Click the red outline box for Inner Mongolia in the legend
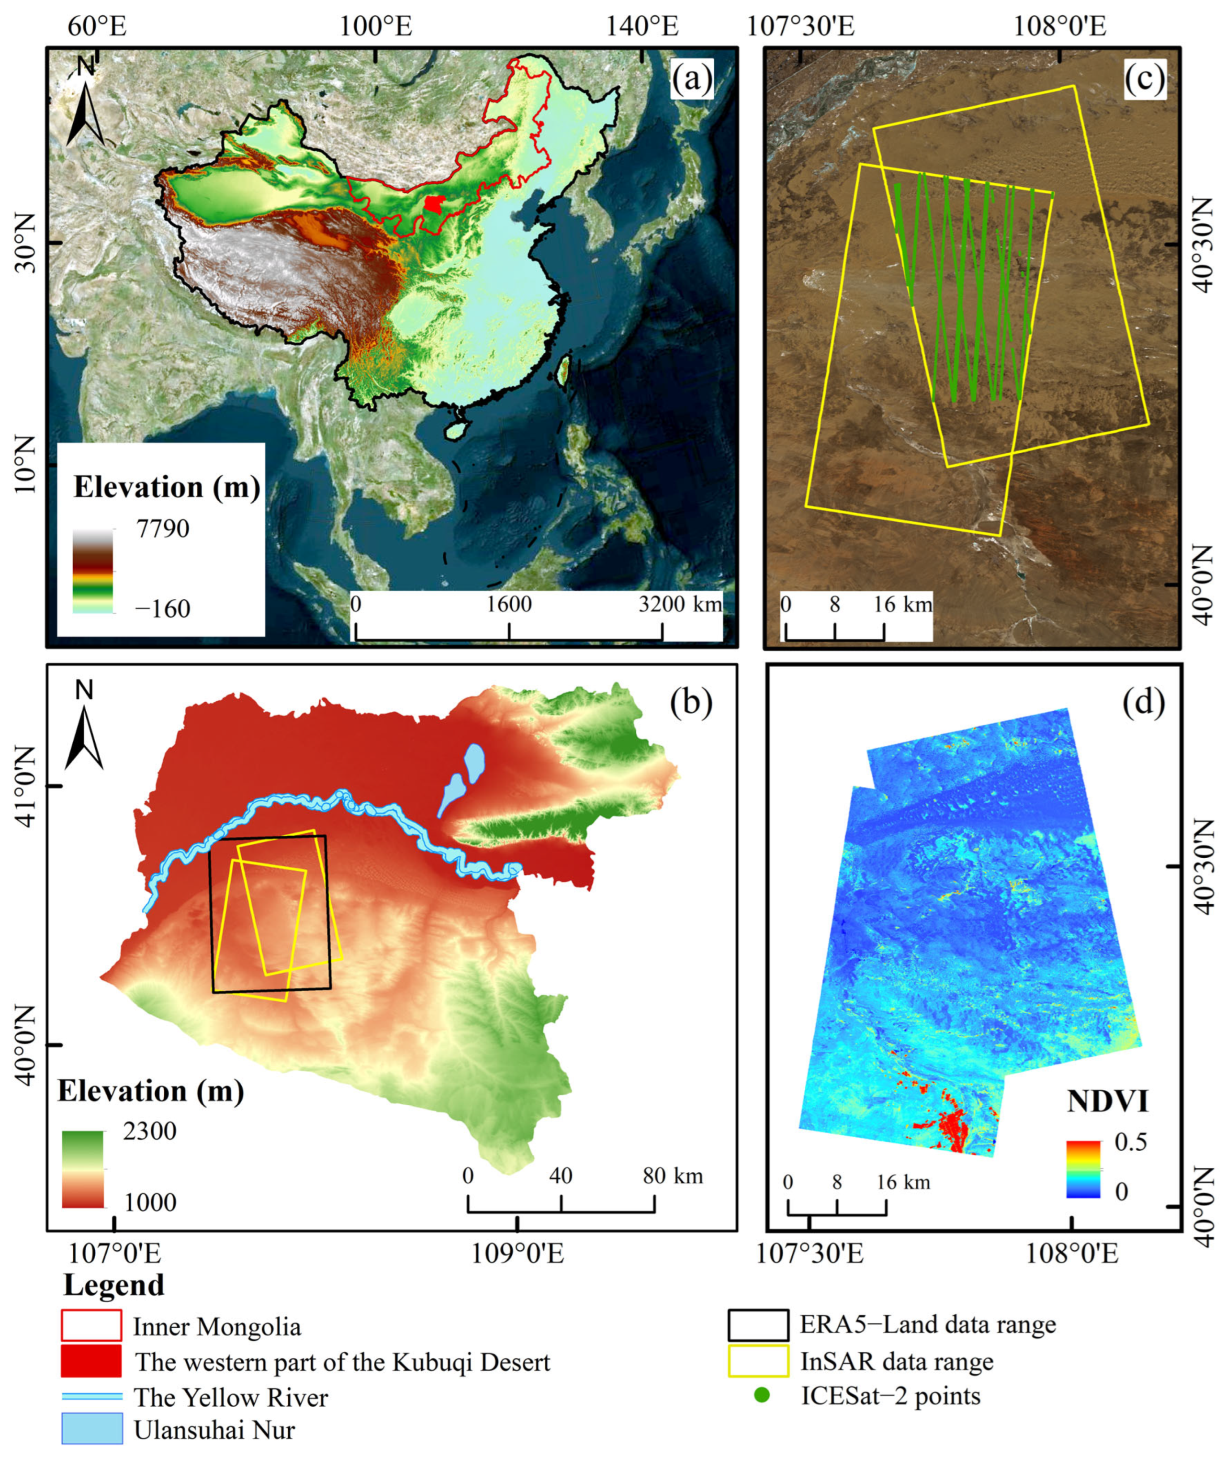(91, 1325)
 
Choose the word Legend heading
(113, 1285)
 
